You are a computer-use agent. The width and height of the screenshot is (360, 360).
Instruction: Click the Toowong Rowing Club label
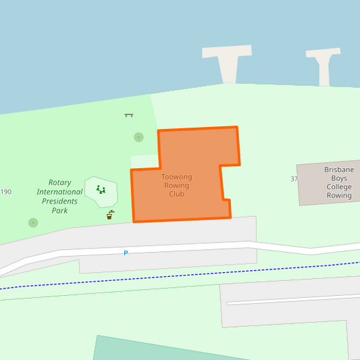click(x=176, y=185)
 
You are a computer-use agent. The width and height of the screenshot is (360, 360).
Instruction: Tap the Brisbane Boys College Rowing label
click(x=339, y=182)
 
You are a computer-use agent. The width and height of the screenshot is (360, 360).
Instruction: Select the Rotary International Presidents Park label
click(x=59, y=196)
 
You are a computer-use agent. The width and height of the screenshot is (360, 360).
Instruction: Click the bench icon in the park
click(x=129, y=115)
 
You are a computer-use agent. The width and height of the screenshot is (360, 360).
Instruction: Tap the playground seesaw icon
click(x=101, y=189)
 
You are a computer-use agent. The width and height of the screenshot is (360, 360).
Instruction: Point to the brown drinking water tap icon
click(x=110, y=215)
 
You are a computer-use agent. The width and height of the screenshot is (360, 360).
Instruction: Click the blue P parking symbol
click(x=126, y=253)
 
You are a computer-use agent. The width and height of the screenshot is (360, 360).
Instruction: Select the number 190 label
click(x=6, y=192)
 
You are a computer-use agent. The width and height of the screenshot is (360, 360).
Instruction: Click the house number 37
click(x=294, y=179)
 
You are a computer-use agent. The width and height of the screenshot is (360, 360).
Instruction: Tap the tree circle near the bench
click(x=138, y=137)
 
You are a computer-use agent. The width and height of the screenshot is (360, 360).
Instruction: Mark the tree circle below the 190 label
click(x=33, y=222)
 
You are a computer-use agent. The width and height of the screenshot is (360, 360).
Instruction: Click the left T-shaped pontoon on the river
click(x=227, y=61)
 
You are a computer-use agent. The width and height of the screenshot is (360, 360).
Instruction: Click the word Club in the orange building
click(x=176, y=194)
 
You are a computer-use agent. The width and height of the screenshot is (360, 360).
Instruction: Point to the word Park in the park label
click(x=59, y=211)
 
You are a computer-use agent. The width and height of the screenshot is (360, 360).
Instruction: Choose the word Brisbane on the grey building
click(x=339, y=170)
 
